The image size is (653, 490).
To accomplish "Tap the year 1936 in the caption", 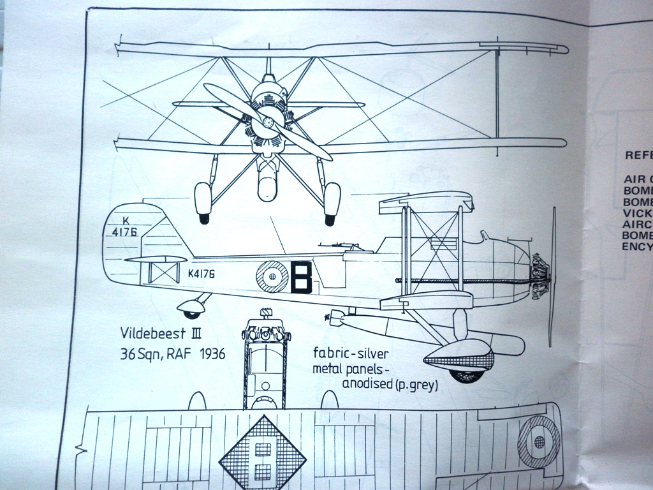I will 207,353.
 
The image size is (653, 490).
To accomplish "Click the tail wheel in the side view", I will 191,313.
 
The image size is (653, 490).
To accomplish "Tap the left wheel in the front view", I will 203,202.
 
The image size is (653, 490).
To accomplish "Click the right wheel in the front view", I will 332,202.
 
